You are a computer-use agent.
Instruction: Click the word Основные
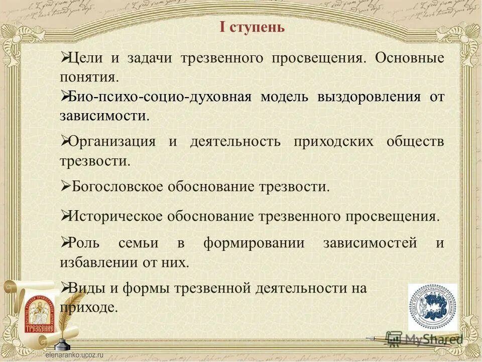[x=409, y=58]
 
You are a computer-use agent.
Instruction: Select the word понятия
[x=89, y=77]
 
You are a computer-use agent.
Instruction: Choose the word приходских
[x=333, y=141]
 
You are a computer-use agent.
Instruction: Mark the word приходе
[x=88, y=307]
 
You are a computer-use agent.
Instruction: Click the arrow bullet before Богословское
[x=65, y=186]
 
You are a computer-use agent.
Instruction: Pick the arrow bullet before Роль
[x=65, y=243]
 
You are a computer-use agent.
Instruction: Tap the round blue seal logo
[x=432, y=307]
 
